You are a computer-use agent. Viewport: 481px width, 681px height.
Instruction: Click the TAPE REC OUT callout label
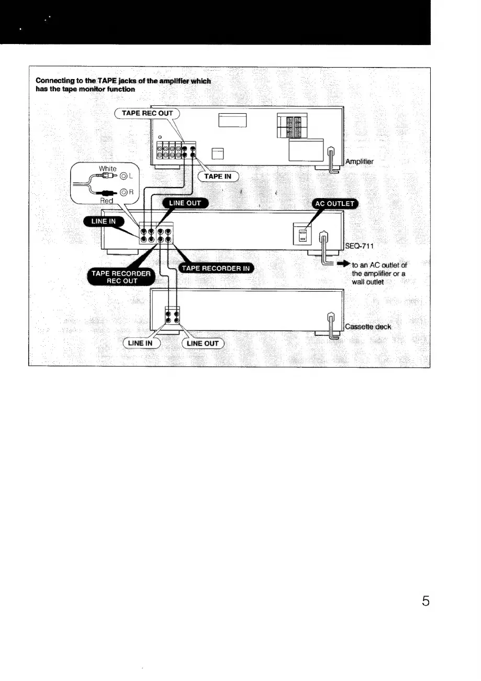(147, 113)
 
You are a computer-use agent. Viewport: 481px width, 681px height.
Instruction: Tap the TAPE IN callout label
(217, 176)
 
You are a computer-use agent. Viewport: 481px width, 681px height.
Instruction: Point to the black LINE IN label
(103, 221)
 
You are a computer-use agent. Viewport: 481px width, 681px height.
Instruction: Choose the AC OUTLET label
(334, 204)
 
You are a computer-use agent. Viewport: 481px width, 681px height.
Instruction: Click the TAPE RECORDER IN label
(216, 269)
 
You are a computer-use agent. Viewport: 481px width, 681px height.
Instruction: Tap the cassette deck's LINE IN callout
(140, 343)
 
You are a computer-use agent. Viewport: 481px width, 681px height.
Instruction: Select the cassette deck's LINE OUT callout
(203, 343)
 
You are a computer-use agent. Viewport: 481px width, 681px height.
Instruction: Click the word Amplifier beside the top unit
(359, 162)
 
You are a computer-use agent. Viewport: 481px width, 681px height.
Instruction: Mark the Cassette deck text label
(368, 326)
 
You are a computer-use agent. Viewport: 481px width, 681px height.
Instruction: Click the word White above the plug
(108, 169)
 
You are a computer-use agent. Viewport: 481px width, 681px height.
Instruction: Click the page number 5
(426, 601)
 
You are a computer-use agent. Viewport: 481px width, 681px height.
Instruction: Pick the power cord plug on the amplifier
(331, 154)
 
